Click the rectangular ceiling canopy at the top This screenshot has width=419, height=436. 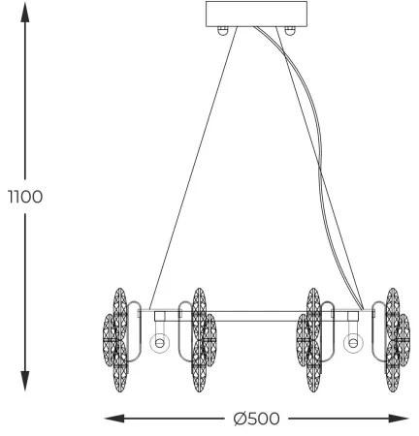[257, 15]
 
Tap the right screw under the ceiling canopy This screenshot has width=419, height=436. [289, 31]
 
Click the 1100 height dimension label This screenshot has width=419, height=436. [25, 197]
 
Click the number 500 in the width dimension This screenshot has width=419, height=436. [264, 419]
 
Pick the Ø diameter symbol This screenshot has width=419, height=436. [240, 419]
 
